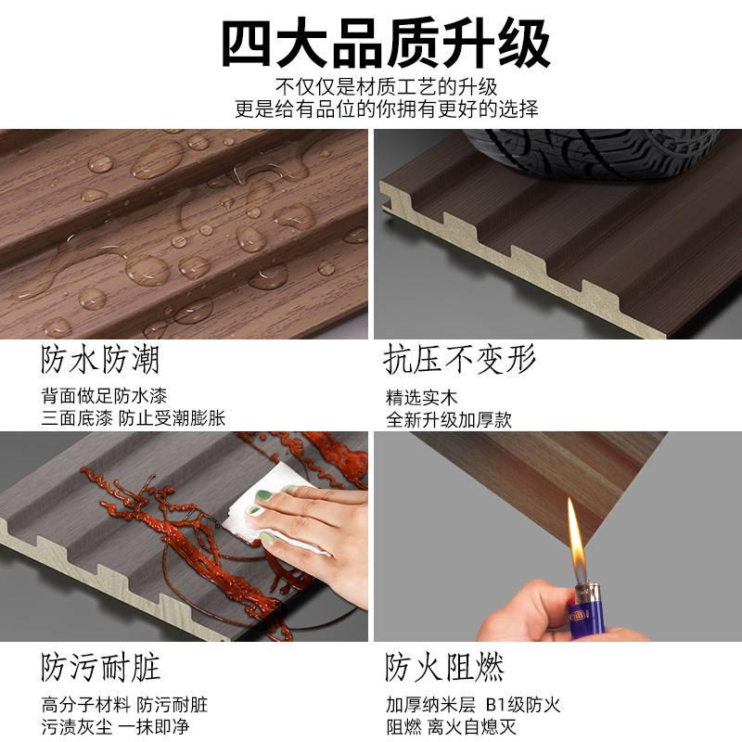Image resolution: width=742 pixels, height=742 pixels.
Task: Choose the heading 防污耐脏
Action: tap(100, 667)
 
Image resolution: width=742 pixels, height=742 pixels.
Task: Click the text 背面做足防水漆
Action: tap(104, 396)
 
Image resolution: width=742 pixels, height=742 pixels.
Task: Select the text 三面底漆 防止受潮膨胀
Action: tap(134, 418)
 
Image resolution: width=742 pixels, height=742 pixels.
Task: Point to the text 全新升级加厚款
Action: tap(449, 420)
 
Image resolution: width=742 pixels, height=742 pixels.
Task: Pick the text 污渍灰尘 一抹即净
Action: tap(115, 726)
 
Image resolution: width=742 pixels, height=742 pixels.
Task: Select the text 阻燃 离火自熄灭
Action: tap(451, 726)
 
